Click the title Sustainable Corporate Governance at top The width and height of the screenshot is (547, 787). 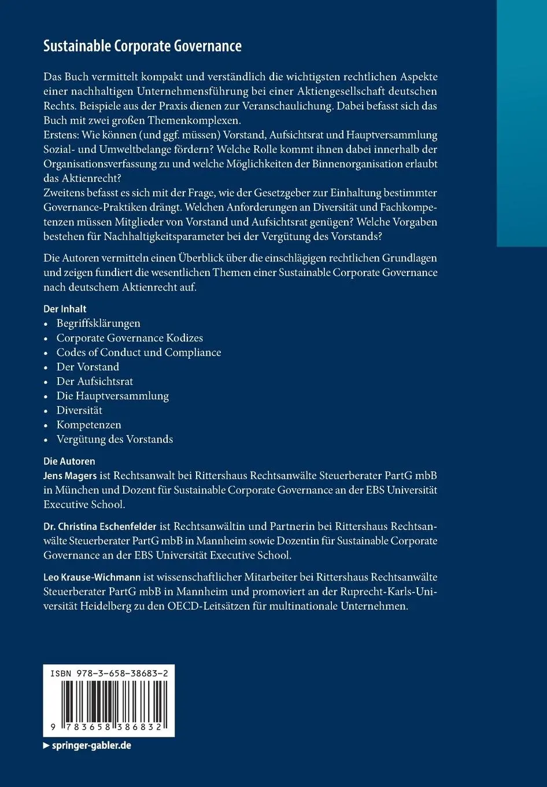[x=142, y=46]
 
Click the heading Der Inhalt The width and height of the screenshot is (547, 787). [x=65, y=309]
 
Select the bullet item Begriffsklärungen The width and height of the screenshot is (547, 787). [x=98, y=323]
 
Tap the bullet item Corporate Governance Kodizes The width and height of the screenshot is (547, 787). [x=130, y=338]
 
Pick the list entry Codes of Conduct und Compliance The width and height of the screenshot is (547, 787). [x=139, y=352]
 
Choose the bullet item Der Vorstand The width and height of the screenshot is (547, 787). [x=88, y=367]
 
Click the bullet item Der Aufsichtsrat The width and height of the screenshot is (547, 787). [x=95, y=381]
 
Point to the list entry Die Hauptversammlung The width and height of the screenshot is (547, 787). [x=113, y=396]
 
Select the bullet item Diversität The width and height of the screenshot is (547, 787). [x=79, y=410]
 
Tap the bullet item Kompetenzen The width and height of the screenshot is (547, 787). [x=89, y=425]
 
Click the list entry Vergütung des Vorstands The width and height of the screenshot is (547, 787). [x=114, y=439]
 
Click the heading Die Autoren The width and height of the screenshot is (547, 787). [x=69, y=461]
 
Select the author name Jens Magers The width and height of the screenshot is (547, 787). [x=70, y=476]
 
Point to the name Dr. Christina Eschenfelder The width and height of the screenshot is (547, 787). [x=100, y=527]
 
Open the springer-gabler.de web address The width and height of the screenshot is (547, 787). [x=91, y=745]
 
